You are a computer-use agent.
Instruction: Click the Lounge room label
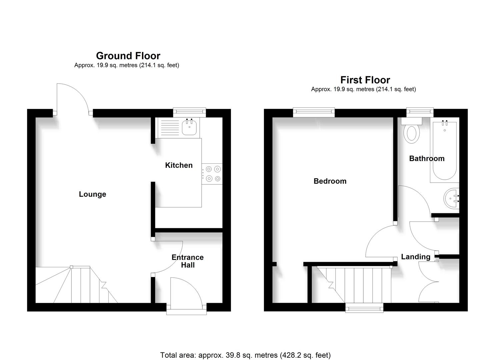coord(92,194)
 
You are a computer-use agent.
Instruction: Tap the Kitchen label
coord(179,165)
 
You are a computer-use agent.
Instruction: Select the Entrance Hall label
coord(187,261)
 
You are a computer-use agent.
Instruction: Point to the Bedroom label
coord(330,181)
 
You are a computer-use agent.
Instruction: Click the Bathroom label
coord(427,158)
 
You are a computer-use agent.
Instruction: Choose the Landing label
coord(415,257)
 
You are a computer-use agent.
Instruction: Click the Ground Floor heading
coord(128,56)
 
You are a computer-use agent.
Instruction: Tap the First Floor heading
coord(365,80)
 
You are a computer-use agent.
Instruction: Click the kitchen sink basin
coord(189,128)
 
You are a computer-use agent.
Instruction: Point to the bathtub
coord(445,152)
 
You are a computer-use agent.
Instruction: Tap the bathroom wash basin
coord(452,199)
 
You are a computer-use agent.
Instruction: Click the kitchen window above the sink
coord(189,113)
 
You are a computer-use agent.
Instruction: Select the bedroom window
coord(314,113)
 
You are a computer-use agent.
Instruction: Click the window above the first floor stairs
coord(364,308)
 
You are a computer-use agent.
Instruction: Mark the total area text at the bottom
coord(245,355)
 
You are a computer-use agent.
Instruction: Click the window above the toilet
coord(420,113)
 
